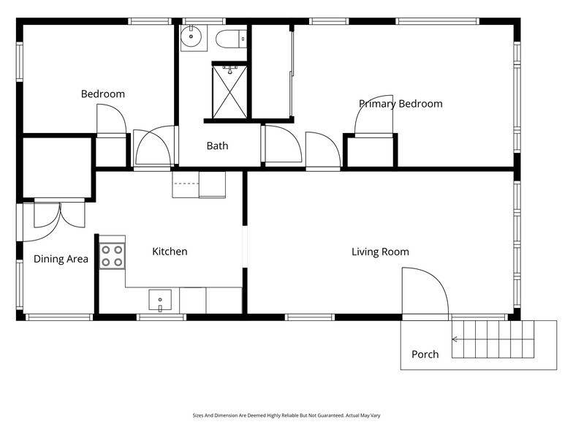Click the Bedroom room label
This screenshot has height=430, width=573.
point(102,94)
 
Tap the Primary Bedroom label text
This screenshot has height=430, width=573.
point(401,104)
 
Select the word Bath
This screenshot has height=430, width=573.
point(217,146)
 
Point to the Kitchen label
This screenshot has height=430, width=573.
point(170,252)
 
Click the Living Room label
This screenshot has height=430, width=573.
point(380,252)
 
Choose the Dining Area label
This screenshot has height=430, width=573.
point(61,259)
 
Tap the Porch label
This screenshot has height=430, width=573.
point(425,355)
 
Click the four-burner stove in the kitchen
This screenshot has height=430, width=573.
point(112,255)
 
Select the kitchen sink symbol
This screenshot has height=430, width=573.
point(160,300)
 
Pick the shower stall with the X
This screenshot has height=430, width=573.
point(230,91)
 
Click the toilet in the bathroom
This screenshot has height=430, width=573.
point(234,37)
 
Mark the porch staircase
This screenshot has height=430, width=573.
point(493,339)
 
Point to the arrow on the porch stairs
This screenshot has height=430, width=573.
point(457,339)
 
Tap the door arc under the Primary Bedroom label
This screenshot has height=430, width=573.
point(374,116)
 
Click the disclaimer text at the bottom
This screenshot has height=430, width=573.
point(286,415)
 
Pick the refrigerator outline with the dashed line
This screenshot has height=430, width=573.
point(199,184)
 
